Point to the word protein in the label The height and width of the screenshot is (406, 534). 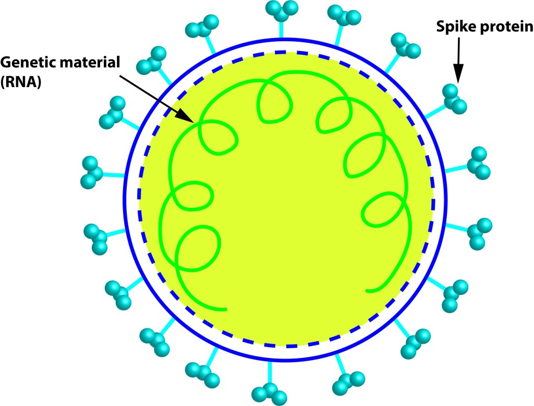pos(504,30)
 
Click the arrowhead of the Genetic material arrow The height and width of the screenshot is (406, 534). pos(189,116)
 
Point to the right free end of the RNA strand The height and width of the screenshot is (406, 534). pos(369,290)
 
